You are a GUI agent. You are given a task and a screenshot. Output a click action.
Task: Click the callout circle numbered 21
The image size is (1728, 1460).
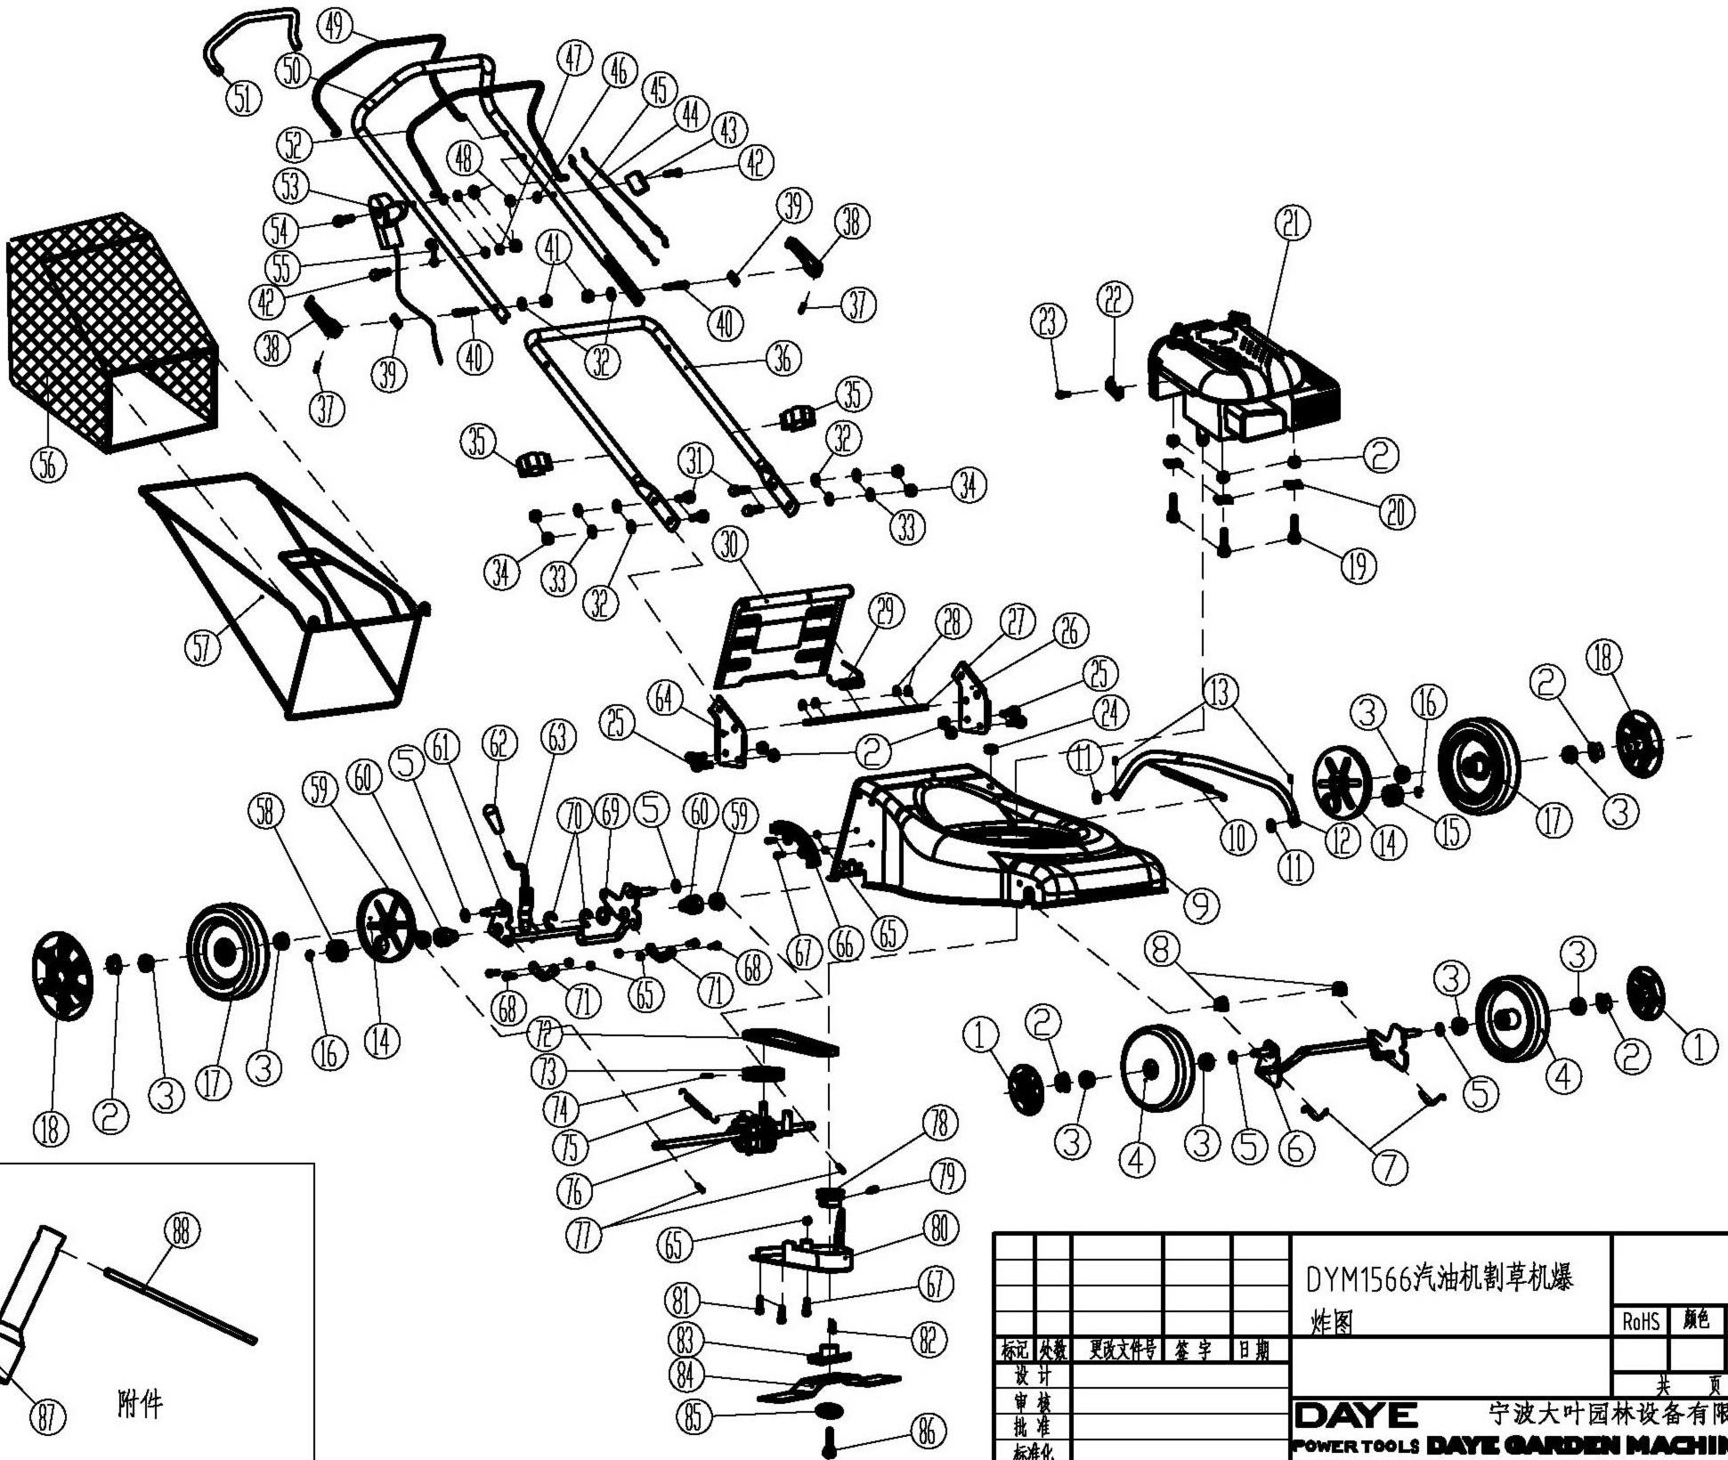pos(1293,223)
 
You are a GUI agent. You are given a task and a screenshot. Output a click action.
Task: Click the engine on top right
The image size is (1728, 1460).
pos(1246,383)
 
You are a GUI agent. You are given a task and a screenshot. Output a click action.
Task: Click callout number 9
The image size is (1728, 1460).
pos(1201,906)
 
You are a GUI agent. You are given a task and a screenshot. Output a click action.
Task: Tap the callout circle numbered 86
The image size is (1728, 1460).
pos(927,1433)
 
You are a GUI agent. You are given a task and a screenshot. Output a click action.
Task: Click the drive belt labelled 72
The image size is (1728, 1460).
pos(792,1042)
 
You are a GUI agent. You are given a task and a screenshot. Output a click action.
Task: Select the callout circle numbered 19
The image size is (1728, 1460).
pos(1358,565)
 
